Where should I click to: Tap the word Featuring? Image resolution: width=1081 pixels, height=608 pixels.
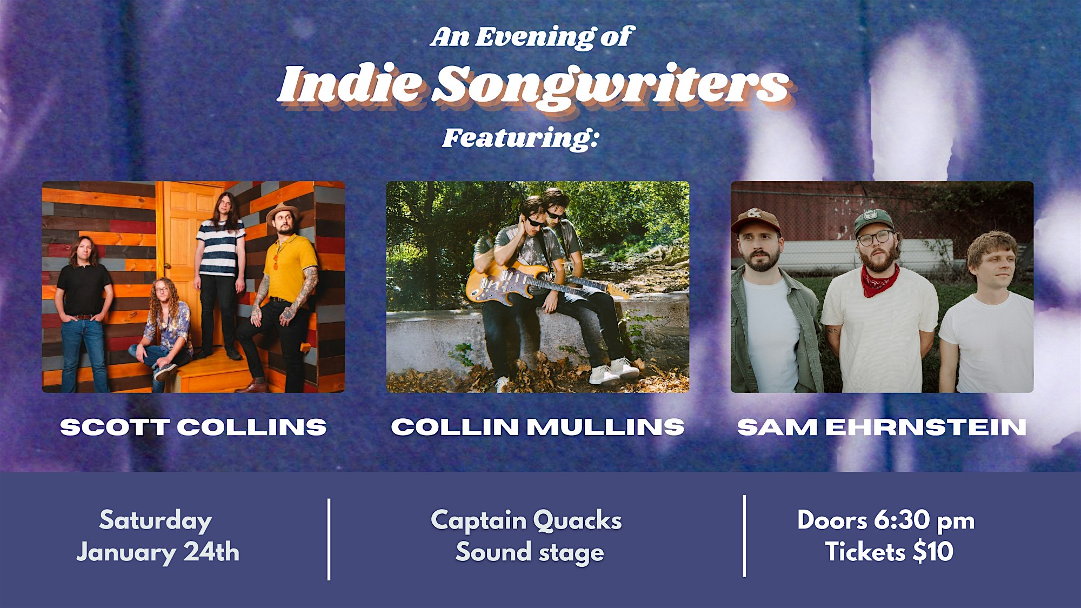(x=521, y=138)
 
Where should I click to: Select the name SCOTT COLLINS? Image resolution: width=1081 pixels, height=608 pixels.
(x=193, y=427)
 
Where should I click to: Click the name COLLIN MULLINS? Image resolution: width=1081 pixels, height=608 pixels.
(x=538, y=427)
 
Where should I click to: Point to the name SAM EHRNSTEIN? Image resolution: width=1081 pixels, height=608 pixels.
(x=882, y=427)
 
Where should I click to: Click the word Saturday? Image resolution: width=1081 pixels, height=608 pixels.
(x=156, y=520)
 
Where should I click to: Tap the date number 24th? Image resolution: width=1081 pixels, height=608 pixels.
(x=211, y=552)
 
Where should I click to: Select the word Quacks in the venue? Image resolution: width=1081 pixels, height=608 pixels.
(x=577, y=520)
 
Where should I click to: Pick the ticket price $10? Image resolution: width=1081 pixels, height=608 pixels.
(x=933, y=552)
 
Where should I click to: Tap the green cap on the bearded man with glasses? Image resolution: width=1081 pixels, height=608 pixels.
(x=872, y=222)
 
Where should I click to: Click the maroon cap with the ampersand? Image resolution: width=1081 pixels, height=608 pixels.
(x=755, y=220)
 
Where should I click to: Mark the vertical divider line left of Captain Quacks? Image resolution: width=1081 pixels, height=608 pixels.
(x=329, y=539)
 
